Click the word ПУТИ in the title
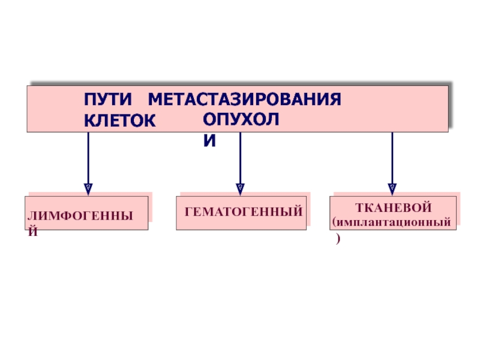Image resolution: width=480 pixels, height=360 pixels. pyautogui.click(x=108, y=99)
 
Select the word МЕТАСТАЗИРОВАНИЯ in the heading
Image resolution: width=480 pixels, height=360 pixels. pyautogui.click(x=244, y=99)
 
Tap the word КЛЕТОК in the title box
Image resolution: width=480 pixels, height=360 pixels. pyautogui.click(x=119, y=121)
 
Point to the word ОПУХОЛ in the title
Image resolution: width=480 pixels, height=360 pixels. pyautogui.click(x=241, y=119)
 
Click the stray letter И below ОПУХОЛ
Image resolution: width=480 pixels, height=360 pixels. pyautogui.click(x=209, y=141)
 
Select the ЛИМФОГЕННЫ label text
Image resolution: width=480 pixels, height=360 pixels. pyautogui.click(x=80, y=216)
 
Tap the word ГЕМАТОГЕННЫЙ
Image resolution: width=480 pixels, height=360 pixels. pyautogui.click(x=244, y=212)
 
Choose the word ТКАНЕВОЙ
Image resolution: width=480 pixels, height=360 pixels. pyautogui.click(x=394, y=208)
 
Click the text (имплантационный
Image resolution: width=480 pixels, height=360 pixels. pyautogui.click(x=392, y=222)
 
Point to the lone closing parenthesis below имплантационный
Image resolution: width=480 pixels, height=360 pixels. pyautogui.click(x=338, y=238)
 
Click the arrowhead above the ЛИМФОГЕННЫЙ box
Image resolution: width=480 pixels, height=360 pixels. pyautogui.click(x=88, y=189)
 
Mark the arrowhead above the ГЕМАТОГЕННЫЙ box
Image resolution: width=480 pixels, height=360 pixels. pyautogui.click(x=241, y=189)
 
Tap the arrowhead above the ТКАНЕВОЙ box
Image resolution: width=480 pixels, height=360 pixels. pyautogui.click(x=392, y=189)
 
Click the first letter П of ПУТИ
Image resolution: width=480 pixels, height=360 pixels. pyautogui.click(x=90, y=99)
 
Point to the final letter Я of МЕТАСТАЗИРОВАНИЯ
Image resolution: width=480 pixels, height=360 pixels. pyautogui.click(x=335, y=99)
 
